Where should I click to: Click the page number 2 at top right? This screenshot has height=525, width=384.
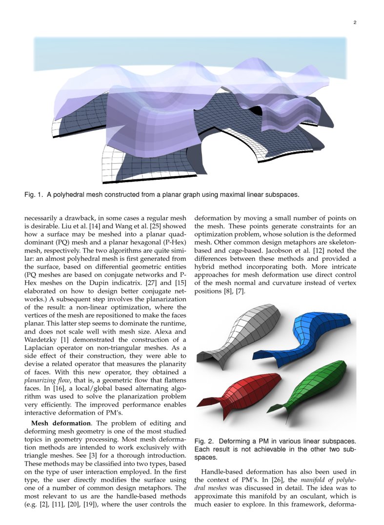355,22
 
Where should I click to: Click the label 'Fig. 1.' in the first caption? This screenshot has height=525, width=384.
34,195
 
